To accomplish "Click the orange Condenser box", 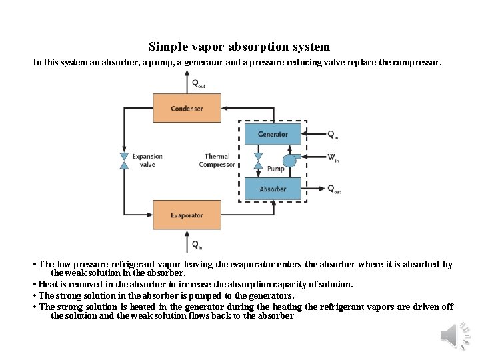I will point(187,108).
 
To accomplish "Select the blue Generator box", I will point(273,134).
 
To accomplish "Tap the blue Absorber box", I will point(273,189).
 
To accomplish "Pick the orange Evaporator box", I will point(187,215).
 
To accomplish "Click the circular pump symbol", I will point(289,161).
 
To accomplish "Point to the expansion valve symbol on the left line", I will point(124,161).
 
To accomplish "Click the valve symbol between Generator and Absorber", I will point(258,161).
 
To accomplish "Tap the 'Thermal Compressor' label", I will point(217,161).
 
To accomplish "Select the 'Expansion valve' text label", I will point(147,161).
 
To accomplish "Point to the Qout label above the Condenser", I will point(198,84).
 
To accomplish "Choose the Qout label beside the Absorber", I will point(334,189).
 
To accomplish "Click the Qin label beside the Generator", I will point(333,134).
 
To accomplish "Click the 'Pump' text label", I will point(275,169).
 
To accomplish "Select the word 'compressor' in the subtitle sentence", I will point(417,62).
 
